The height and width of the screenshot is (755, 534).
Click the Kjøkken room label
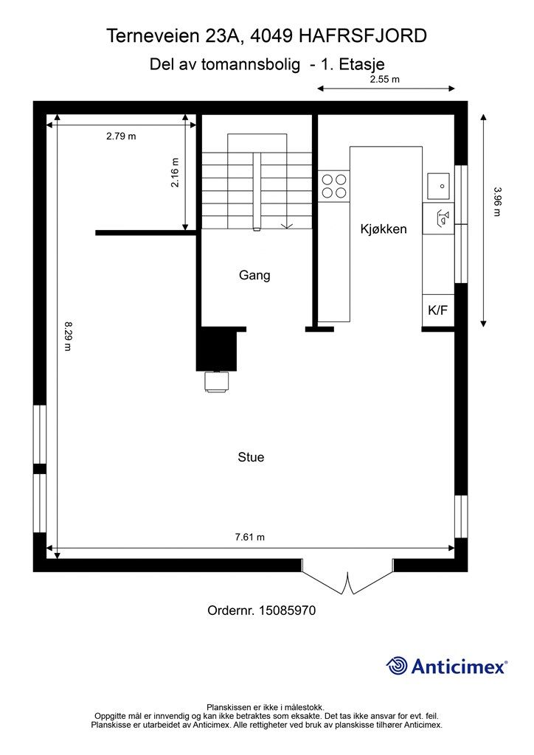coord(384,229)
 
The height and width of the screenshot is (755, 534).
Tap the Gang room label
coord(254,276)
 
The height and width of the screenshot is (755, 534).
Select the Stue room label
coord(251,457)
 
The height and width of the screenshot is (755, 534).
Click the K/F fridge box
coord(438,310)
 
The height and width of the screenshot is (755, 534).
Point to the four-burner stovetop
coord(334,187)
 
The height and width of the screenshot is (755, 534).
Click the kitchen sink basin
coord(438,186)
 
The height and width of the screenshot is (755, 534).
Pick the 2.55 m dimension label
coord(385,80)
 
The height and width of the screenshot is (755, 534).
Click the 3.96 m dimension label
coord(497,202)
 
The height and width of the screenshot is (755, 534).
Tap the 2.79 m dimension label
coord(122,136)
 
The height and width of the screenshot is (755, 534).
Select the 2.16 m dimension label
coord(175,173)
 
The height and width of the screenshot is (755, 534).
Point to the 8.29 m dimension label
coord(68,336)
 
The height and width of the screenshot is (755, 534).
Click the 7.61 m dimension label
coord(250,537)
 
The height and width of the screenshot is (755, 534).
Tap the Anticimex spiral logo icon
coord(397,666)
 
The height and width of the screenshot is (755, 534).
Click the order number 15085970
coord(288,610)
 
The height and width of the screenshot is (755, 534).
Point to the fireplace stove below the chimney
coord(217,383)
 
